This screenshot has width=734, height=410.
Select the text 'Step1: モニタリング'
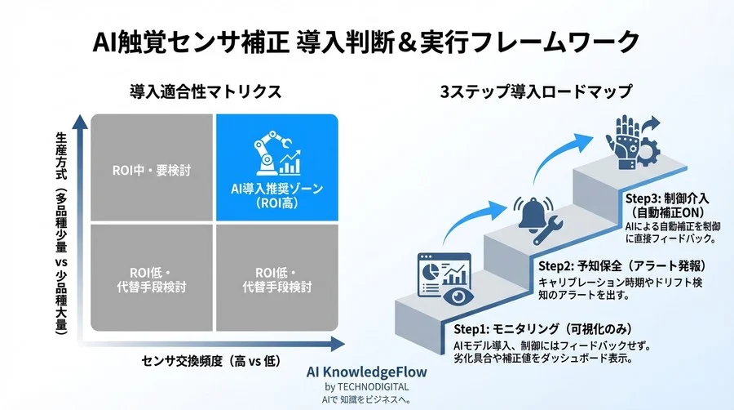click(498, 329)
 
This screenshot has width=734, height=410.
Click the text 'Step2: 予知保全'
click(580, 266)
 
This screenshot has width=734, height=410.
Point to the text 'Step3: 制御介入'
click(663, 198)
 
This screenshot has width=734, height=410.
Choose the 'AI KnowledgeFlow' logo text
click(366, 372)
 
